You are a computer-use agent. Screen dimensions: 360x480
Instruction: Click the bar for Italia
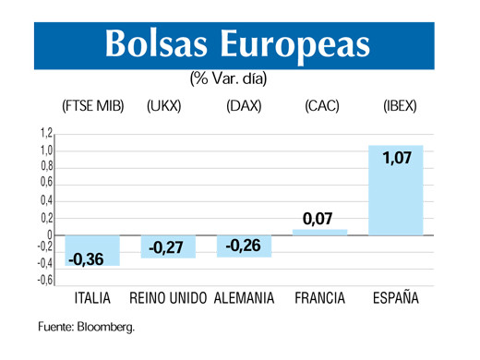click(x=92, y=250)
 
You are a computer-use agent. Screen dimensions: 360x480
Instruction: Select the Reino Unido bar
click(x=168, y=246)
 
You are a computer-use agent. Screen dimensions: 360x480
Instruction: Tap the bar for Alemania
click(x=244, y=246)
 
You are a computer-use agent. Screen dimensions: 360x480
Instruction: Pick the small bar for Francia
click(x=319, y=232)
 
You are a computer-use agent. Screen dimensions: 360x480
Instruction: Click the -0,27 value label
click(x=168, y=247)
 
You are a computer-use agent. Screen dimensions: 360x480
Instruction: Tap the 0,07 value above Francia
click(x=319, y=219)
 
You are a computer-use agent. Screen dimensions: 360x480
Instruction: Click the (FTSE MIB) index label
click(x=92, y=106)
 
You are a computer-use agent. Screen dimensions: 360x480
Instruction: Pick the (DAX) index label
click(x=244, y=106)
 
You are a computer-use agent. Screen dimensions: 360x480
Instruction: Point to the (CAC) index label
click(x=323, y=106)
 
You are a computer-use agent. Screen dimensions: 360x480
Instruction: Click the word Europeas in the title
click(x=299, y=43)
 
